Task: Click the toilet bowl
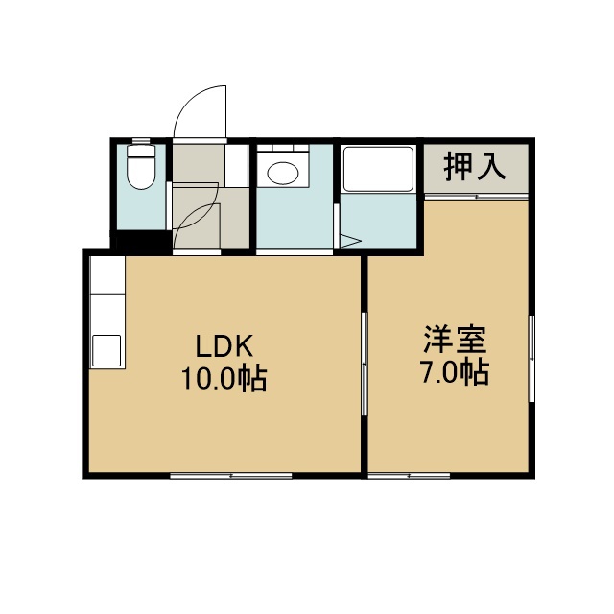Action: (x=141, y=173)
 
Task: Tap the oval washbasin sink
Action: (x=283, y=173)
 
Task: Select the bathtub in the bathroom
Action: (x=379, y=169)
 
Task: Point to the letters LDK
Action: (x=224, y=346)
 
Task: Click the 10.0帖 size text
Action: (x=224, y=378)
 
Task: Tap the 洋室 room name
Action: (x=455, y=339)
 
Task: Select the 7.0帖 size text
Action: (x=455, y=372)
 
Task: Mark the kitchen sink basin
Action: (x=106, y=350)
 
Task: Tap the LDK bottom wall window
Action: (x=231, y=476)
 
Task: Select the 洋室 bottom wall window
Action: (x=409, y=476)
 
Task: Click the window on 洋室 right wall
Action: (x=531, y=358)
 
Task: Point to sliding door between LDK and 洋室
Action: (x=365, y=364)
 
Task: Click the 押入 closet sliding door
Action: (x=477, y=196)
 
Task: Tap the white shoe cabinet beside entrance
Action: (x=237, y=166)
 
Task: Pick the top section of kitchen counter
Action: (x=107, y=274)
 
